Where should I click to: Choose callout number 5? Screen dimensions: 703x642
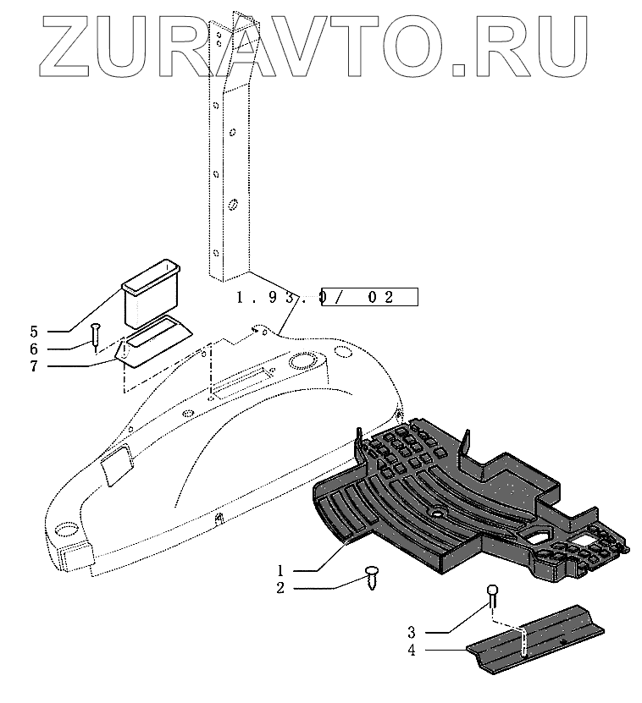click(x=57, y=331)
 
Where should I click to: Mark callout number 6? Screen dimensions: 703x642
click(x=57, y=348)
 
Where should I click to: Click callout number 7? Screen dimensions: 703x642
click(x=57, y=365)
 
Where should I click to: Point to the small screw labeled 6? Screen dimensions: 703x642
click(x=96, y=332)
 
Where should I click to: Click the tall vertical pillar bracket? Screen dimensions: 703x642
click(x=230, y=144)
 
